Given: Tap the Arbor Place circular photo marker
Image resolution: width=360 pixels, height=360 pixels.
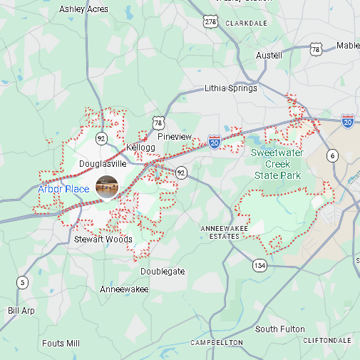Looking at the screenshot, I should [x=107, y=187].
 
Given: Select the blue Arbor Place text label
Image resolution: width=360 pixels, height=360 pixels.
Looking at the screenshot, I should [x=63, y=189].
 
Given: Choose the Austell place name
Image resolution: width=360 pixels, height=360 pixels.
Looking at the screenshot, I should [x=269, y=55].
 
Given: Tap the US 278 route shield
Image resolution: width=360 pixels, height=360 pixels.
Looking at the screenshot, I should [x=210, y=22].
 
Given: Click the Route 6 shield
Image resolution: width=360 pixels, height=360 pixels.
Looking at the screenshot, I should [x=332, y=155].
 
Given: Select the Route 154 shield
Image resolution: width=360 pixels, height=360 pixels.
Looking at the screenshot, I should [x=259, y=265].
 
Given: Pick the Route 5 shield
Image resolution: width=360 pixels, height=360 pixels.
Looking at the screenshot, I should [x=23, y=282].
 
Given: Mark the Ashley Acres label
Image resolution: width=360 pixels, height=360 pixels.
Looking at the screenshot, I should [x=83, y=9].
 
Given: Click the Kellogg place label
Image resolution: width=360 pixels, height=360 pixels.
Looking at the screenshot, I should [x=140, y=148].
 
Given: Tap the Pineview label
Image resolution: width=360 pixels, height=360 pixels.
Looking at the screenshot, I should [x=175, y=136].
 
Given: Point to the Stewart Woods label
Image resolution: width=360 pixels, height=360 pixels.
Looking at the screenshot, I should [x=103, y=240].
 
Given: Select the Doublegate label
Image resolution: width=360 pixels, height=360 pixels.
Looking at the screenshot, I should [x=163, y=272].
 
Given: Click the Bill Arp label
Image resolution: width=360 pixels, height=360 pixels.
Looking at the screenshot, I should [x=21, y=311].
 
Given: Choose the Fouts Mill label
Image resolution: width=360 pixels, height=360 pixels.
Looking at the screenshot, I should [x=61, y=343].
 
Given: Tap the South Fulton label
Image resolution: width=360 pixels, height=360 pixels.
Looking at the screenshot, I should [x=280, y=329].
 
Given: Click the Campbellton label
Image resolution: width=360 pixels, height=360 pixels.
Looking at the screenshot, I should [x=217, y=343].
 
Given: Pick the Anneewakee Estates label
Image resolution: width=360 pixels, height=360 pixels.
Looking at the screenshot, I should [x=219, y=232].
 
